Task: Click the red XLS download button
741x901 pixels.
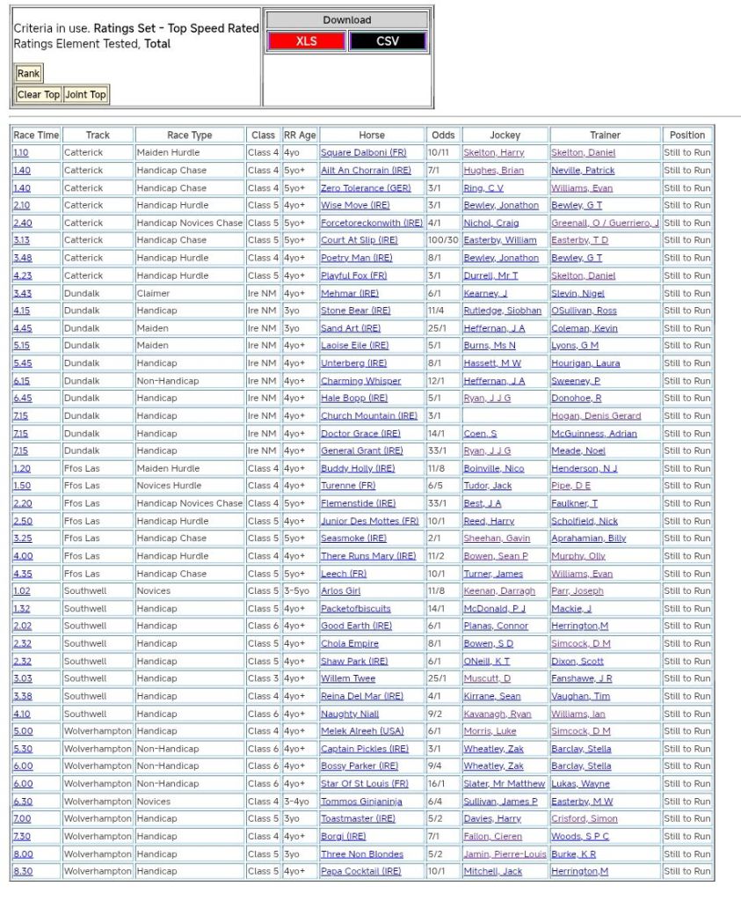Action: tap(307, 41)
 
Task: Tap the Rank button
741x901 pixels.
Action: tap(28, 74)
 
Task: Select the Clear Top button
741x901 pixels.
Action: tap(39, 95)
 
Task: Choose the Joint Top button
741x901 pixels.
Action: tap(85, 95)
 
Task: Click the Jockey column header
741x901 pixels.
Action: tap(505, 136)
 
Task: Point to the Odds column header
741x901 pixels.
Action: tap(443, 136)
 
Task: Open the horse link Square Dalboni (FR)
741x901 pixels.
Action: tap(363, 153)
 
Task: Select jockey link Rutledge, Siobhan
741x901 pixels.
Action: tap(502, 311)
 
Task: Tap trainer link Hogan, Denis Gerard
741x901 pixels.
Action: tap(596, 415)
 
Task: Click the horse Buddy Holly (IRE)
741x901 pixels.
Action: tap(358, 468)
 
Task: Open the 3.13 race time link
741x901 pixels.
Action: tap(22, 240)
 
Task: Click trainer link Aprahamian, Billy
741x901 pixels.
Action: tap(588, 538)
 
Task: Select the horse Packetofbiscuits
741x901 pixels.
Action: tap(356, 608)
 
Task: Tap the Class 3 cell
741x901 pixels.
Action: tap(263, 678)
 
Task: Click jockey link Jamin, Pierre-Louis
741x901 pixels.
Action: tap(505, 853)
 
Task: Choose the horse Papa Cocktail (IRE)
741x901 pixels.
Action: tap(360, 871)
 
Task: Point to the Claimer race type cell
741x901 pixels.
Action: tap(154, 293)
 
